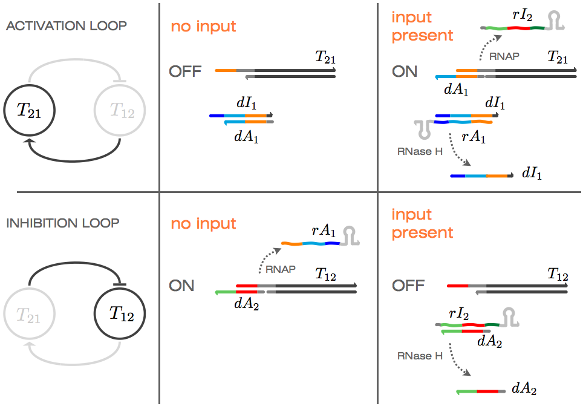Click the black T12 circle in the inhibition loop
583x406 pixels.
point(120,315)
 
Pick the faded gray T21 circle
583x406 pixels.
point(29,315)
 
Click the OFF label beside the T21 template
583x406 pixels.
point(185,71)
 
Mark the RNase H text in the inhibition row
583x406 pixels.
point(415,356)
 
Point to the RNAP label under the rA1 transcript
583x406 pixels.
point(282,269)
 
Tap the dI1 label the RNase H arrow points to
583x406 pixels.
point(530,175)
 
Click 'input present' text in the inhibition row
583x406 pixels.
point(422,223)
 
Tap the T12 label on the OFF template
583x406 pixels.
point(558,274)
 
